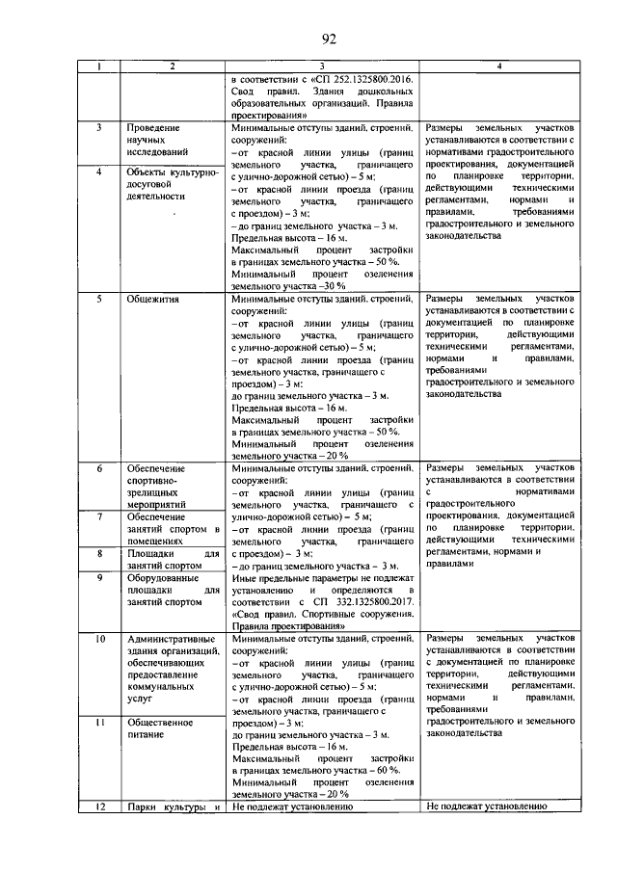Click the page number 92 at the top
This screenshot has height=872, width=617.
327,39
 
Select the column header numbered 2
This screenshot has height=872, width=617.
172,66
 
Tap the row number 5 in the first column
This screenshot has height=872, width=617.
98,299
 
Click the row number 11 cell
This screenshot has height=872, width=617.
98,721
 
